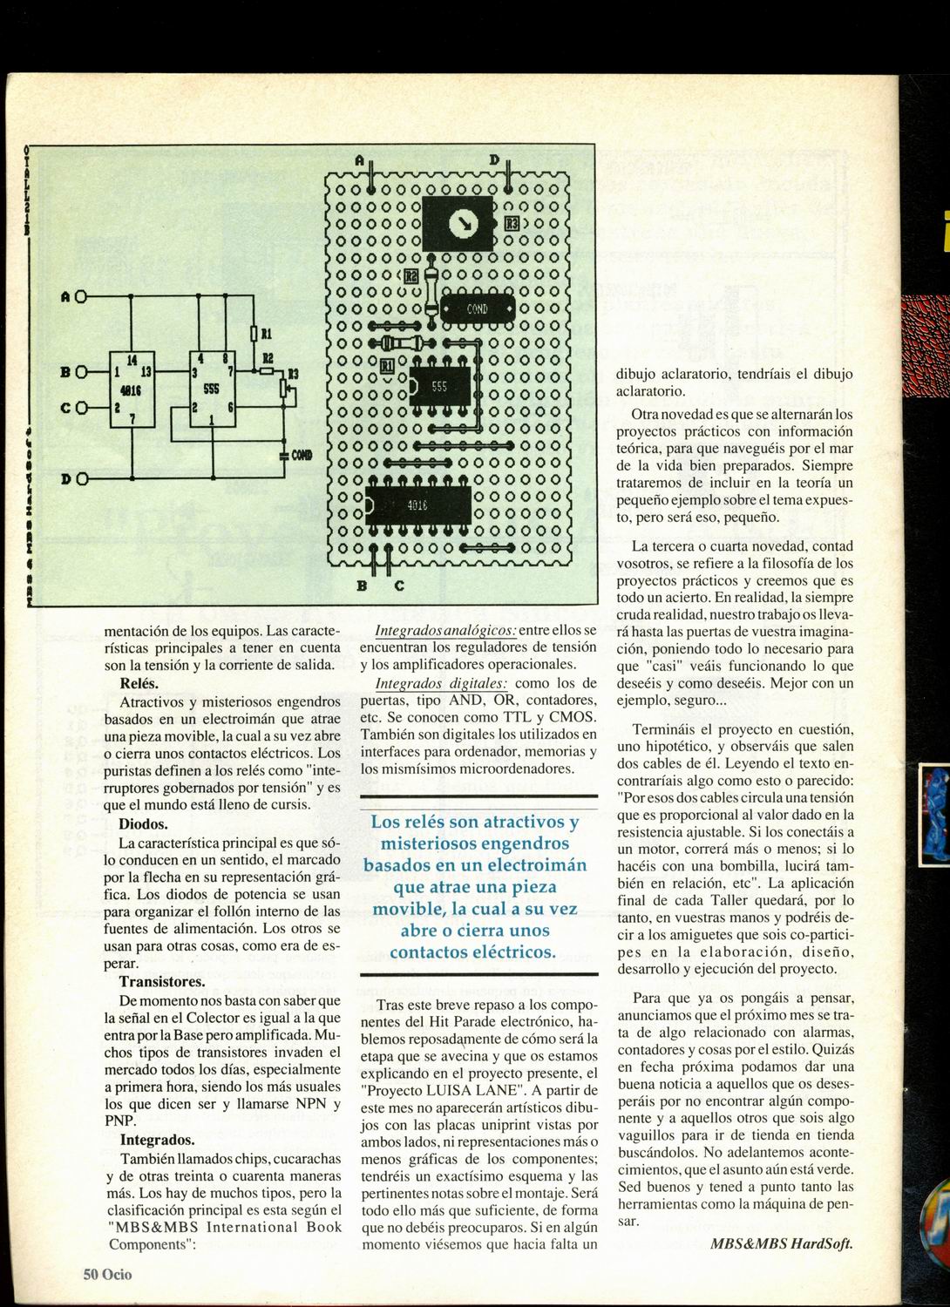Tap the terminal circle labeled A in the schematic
pos(81,295)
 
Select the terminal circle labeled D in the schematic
pos(81,478)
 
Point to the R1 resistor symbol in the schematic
pos(254,333)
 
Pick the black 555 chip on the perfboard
pos(438,386)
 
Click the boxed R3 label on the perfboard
pos(512,224)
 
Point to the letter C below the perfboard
pos(399,586)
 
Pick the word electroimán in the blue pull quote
pos(541,865)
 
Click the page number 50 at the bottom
pos(92,1274)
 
